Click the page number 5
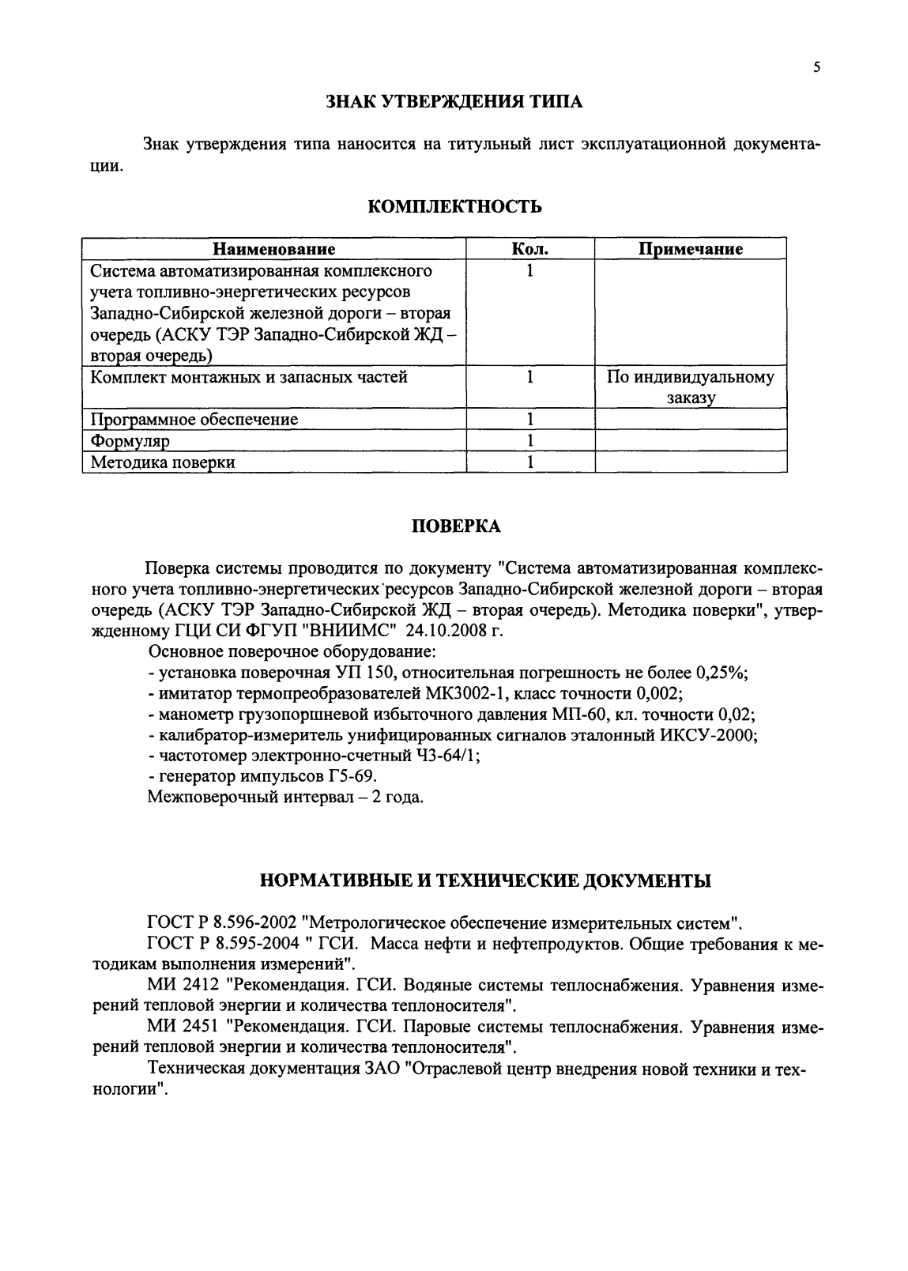[x=816, y=68]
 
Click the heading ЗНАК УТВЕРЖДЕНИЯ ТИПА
[x=454, y=102]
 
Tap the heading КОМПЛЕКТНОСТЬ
[x=455, y=207]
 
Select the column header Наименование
[x=274, y=249]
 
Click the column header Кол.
[x=530, y=249]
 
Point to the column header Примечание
[x=691, y=249]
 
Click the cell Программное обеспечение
[x=194, y=419]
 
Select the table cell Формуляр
[x=130, y=440]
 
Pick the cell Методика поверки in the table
[x=163, y=462]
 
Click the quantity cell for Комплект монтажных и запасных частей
[x=530, y=378]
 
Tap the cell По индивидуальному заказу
[x=691, y=387]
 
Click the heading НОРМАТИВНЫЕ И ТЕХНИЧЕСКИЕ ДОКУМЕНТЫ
[x=485, y=880]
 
